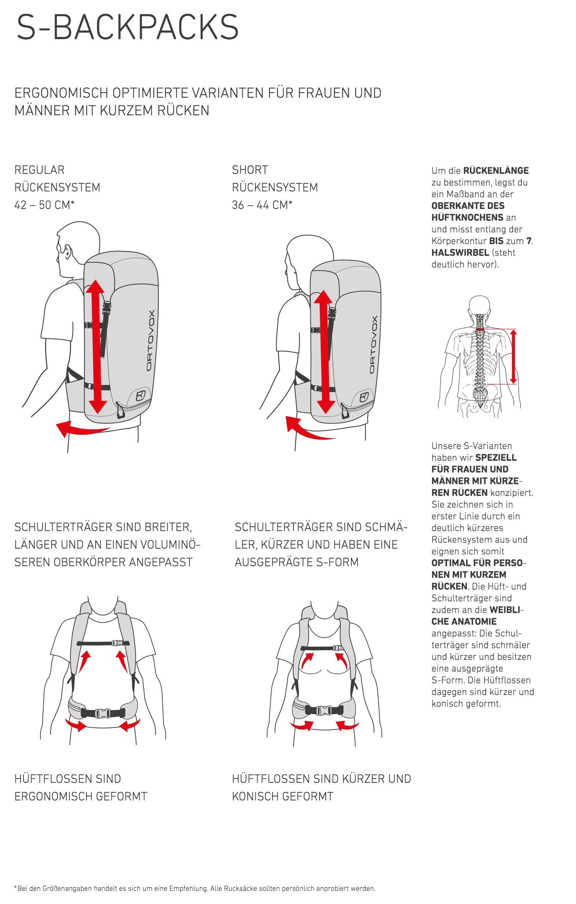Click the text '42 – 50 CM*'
point(44,205)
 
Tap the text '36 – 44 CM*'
point(262,205)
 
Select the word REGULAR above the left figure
point(40,170)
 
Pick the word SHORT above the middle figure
point(250,170)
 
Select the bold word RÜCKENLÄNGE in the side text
point(496,171)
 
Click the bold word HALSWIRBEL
point(460,253)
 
